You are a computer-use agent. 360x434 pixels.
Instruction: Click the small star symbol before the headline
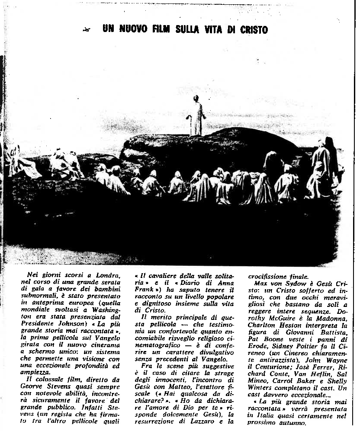pyautogui.click(x=87, y=29)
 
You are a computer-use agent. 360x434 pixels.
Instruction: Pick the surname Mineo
pyautogui.click(x=258, y=381)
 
